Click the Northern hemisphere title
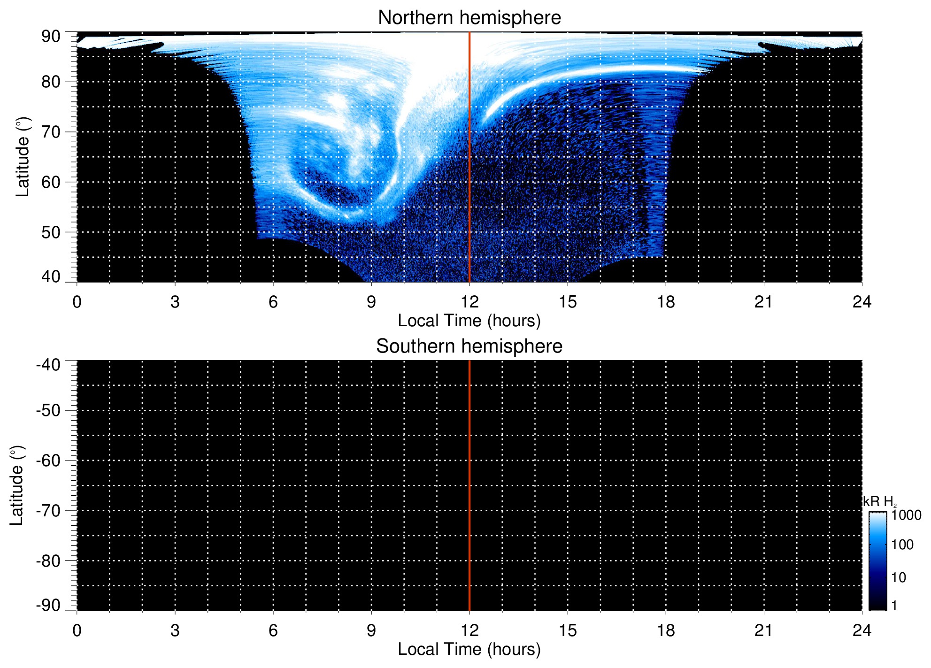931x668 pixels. point(469,18)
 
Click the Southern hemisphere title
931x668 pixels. point(469,346)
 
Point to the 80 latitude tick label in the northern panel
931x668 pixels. point(51,82)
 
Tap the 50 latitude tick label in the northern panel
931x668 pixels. point(51,232)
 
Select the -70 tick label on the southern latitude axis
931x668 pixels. point(48,511)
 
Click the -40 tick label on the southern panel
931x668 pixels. point(48,365)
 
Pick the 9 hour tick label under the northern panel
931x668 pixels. point(371,302)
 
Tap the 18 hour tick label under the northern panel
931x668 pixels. point(666,302)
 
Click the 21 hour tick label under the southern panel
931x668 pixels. point(764,630)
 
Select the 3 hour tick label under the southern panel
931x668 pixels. point(175,630)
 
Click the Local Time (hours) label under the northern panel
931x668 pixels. point(469,321)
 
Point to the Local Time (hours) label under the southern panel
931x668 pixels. point(469,649)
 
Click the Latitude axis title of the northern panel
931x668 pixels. point(23,157)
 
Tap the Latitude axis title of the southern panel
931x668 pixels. point(17,485)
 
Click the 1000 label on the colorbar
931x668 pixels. point(907,515)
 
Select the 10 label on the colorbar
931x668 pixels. point(899,577)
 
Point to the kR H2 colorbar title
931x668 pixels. point(880,502)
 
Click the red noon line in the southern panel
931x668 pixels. point(469,485)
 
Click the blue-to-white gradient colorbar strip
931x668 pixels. point(877,561)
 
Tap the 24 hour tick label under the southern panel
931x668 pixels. point(862,630)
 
